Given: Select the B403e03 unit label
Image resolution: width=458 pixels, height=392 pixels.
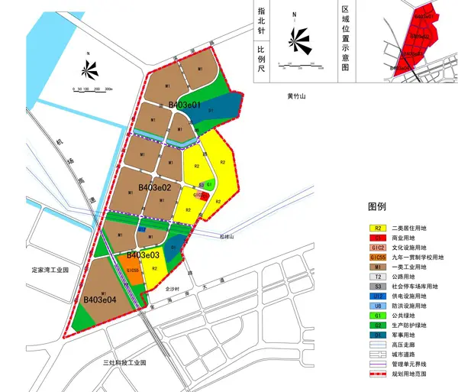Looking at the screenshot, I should [143, 254].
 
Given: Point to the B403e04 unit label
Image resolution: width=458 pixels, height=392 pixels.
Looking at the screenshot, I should [100, 300].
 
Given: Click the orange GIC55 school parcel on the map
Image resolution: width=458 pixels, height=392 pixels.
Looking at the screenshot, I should [131, 271].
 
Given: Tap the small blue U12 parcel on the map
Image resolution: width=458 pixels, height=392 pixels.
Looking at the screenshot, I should [142, 229].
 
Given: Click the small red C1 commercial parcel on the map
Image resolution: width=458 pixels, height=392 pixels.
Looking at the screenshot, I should [204, 196].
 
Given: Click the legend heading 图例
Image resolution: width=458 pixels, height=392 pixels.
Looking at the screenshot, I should [377, 206].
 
